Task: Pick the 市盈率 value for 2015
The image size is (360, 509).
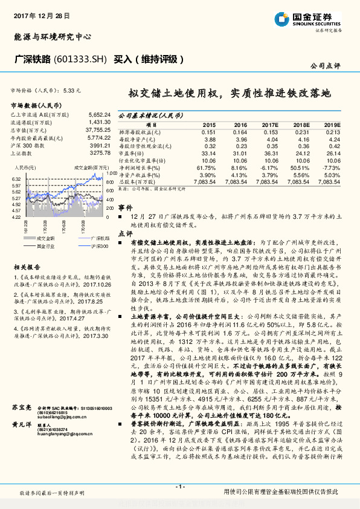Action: [208, 153]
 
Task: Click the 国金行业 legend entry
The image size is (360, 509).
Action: [45, 246]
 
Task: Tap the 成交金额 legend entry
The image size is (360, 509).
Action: [45, 238]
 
